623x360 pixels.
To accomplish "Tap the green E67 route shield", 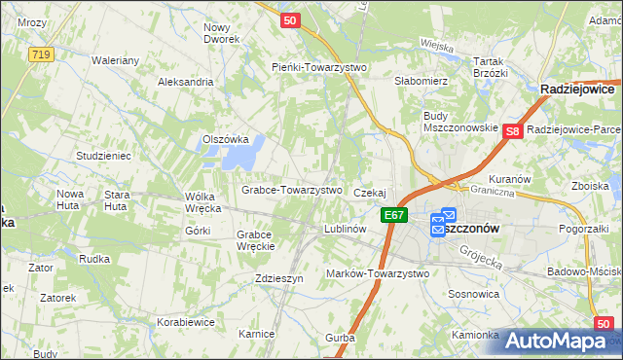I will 393,215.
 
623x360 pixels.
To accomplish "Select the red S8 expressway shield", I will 515,129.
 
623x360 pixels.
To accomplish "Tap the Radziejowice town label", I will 580,89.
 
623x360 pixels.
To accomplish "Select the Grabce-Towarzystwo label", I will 291,190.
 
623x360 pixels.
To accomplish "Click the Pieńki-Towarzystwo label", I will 317,67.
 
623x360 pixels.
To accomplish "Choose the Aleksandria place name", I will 185,82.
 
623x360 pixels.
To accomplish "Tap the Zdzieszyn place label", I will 279,277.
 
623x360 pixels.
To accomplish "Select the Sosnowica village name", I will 475,292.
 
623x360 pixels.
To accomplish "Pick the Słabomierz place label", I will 421,81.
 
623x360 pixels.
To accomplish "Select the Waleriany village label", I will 116,60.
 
